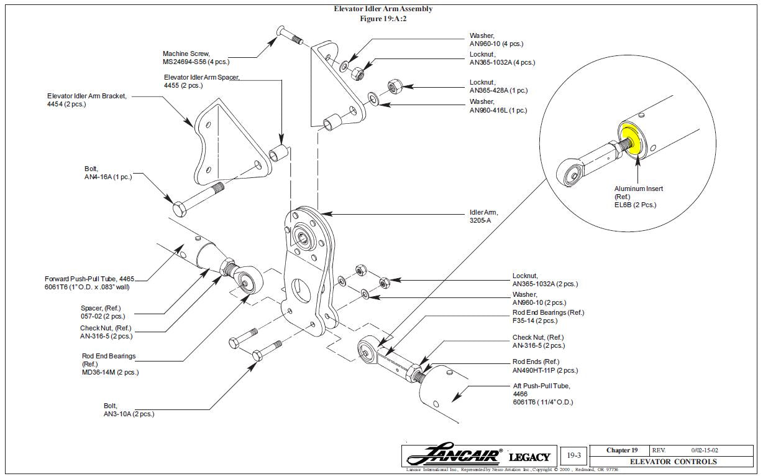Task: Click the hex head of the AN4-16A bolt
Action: (180, 209)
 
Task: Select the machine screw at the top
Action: (290, 35)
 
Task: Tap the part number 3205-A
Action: (480, 220)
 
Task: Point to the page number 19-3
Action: (574, 455)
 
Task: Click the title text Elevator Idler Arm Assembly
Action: (383, 9)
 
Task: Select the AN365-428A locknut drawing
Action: (395, 86)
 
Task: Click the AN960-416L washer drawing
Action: (373, 99)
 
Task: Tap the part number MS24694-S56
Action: (185, 62)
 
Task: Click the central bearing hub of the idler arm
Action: (302, 236)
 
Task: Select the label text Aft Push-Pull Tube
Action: (542, 386)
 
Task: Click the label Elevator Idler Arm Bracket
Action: (87, 96)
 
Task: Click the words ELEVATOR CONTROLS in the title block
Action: (674, 462)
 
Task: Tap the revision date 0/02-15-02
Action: (705, 450)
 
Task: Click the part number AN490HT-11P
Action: (534, 370)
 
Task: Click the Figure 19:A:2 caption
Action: (383, 19)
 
